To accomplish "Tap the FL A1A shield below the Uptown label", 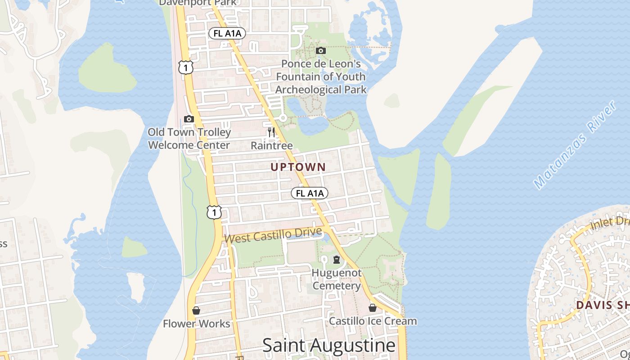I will [310, 193].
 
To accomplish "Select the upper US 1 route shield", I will [185, 67].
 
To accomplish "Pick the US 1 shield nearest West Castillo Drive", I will [215, 212].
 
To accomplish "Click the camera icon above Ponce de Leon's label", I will [321, 50].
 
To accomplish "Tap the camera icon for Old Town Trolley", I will [189, 119].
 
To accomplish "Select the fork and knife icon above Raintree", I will [271, 132].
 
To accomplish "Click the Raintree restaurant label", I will [271, 146].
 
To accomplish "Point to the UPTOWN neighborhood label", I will [298, 167].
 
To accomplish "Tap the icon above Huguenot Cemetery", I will [336, 260].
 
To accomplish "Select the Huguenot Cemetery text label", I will [337, 279].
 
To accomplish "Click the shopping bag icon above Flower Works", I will [196, 310].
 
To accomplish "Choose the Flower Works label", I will [196, 324].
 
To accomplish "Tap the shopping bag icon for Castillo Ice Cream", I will [373, 308].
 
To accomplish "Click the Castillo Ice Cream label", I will [373, 321].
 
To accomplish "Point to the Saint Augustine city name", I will [329, 346].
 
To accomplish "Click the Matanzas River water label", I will [575, 145].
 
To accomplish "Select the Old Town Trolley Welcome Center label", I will [189, 139].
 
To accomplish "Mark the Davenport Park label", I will [198, 3].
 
